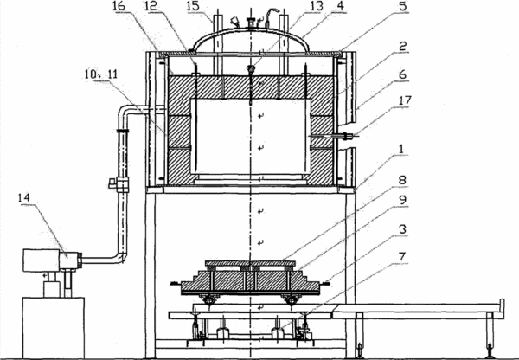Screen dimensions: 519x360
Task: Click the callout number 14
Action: tap(24, 198)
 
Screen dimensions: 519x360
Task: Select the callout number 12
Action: tap(155, 6)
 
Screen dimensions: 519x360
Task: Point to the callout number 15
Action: tap(194, 6)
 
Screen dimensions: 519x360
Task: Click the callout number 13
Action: tap(316, 6)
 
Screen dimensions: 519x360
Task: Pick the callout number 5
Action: tap(403, 6)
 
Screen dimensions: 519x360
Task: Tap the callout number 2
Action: tap(402, 47)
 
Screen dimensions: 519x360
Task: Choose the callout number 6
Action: tap(402, 74)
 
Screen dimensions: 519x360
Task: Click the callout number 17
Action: tap(405, 100)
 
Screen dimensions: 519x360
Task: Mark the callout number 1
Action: tap(402, 150)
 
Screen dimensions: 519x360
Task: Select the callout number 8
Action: tap(402, 181)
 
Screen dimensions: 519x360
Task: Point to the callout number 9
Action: tap(402, 201)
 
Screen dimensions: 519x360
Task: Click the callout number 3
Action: tap(402, 229)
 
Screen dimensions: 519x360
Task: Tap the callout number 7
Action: tap(402, 257)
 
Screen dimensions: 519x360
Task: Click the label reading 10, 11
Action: tap(101, 74)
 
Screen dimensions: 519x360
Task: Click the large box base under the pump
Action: tap(54, 328)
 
